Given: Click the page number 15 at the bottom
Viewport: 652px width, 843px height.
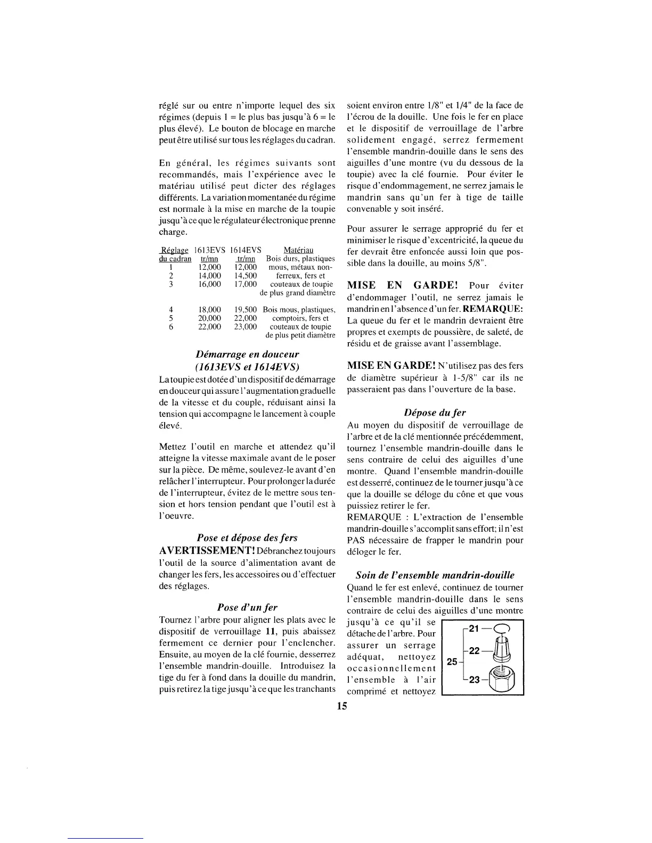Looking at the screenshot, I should tap(341, 706).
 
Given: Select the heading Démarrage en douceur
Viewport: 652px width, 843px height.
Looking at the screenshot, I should tap(247, 354).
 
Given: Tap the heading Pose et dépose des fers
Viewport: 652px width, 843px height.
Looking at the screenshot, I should tap(247, 538).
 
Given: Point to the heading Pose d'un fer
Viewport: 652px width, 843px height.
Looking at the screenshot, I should tap(247, 607).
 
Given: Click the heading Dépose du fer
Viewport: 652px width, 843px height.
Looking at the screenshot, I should tap(435, 412).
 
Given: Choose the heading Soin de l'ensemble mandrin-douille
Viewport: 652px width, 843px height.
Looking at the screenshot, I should tap(435, 575).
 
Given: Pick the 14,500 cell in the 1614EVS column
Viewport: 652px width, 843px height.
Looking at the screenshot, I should tap(245, 276).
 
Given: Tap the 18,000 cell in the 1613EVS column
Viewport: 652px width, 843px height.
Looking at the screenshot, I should tap(209, 310).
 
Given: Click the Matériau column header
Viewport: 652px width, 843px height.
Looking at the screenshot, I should tap(298, 250).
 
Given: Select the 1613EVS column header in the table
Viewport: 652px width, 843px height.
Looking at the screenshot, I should tap(209, 250).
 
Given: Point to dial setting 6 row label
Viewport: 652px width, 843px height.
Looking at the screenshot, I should tap(171, 327).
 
